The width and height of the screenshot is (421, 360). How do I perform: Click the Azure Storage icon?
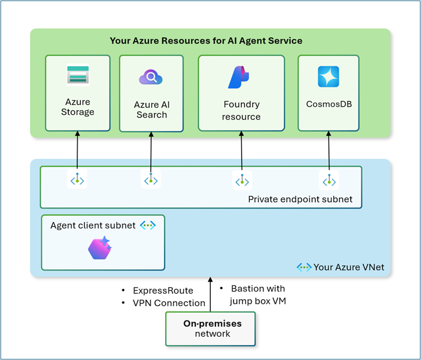[78, 74]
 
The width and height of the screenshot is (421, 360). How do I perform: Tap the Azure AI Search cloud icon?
[151, 77]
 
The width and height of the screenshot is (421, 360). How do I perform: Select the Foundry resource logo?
[239, 77]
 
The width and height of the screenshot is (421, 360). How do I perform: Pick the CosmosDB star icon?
[328, 77]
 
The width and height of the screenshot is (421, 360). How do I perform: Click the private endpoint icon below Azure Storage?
[78, 179]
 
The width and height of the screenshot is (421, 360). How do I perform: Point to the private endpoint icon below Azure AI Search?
[151, 179]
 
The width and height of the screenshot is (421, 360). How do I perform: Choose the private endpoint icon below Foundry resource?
[242, 180]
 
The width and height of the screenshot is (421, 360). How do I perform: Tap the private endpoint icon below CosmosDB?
[329, 180]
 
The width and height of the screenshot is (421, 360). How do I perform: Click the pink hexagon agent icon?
[100, 248]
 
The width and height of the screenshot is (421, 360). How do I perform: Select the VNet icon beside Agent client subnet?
[148, 225]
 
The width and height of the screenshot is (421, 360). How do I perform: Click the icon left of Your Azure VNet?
[304, 267]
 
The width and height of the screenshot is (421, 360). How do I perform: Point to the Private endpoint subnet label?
[300, 199]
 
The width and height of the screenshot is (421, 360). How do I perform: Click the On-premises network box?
[211, 329]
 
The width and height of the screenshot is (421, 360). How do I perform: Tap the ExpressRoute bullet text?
[163, 290]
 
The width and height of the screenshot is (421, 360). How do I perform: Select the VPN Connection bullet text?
[169, 303]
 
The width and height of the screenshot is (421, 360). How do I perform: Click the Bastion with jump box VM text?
[258, 294]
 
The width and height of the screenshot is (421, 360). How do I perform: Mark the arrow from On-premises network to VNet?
[211, 294]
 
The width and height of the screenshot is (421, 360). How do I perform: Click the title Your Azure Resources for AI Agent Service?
[206, 41]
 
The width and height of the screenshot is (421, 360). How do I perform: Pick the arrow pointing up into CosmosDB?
[329, 151]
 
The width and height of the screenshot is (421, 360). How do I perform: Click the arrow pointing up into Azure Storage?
[78, 150]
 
